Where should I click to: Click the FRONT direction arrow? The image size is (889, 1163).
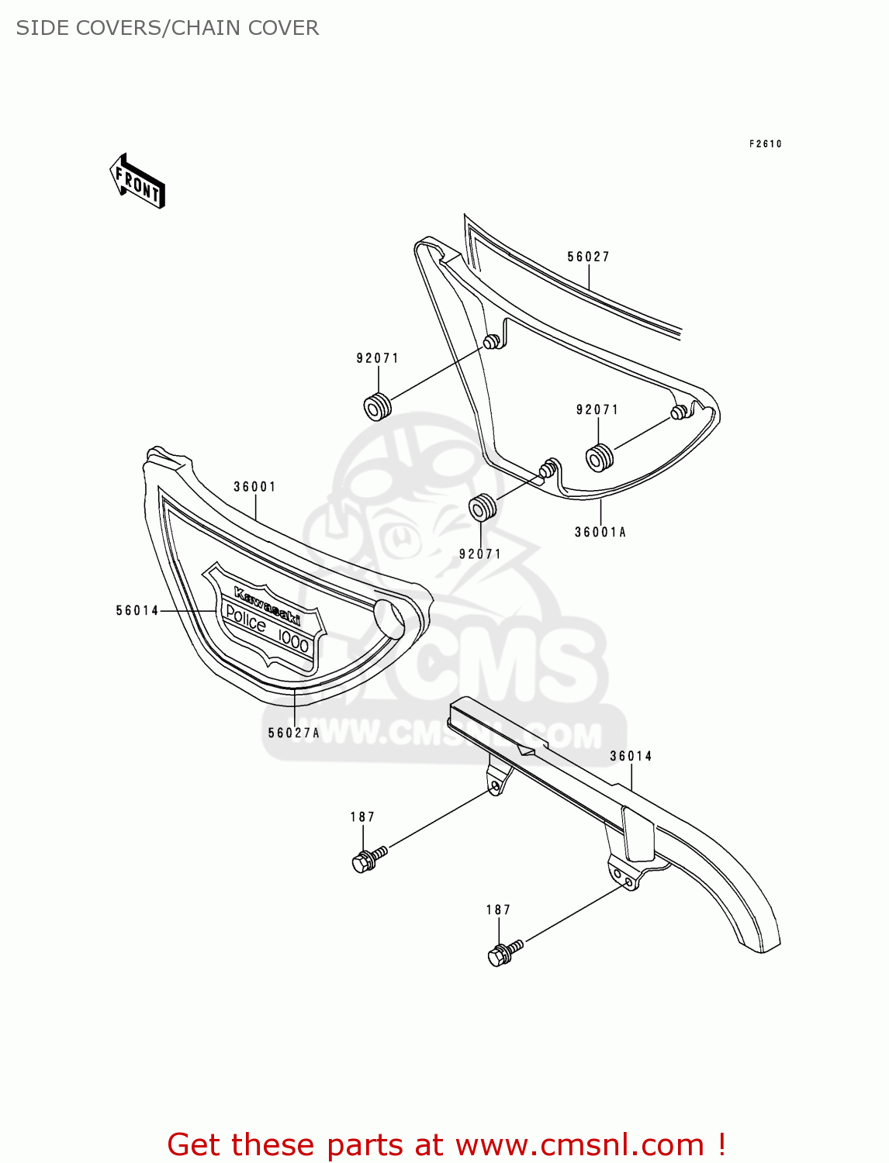(x=138, y=181)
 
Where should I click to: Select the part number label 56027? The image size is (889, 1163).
(x=588, y=257)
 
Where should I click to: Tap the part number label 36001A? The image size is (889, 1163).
(x=600, y=532)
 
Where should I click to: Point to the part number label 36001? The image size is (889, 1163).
(x=254, y=487)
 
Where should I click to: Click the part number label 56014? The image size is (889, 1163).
(x=137, y=611)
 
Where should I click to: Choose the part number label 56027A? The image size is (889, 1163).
(x=293, y=733)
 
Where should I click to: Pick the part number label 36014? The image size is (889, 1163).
(x=631, y=756)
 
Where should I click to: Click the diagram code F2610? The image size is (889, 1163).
(x=765, y=144)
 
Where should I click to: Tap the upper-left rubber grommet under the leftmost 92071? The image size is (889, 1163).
(x=377, y=407)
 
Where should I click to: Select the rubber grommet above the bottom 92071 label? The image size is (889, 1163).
(x=483, y=508)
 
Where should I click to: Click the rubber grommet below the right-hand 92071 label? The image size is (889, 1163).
(x=598, y=457)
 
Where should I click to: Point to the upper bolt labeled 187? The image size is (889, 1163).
(x=367, y=859)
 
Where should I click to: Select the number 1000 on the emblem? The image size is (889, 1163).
(x=293, y=640)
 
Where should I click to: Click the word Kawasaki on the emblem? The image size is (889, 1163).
(x=267, y=606)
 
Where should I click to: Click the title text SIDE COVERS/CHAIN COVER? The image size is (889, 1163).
(x=168, y=28)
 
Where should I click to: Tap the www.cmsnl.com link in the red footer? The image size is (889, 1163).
(x=579, y=1145)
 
